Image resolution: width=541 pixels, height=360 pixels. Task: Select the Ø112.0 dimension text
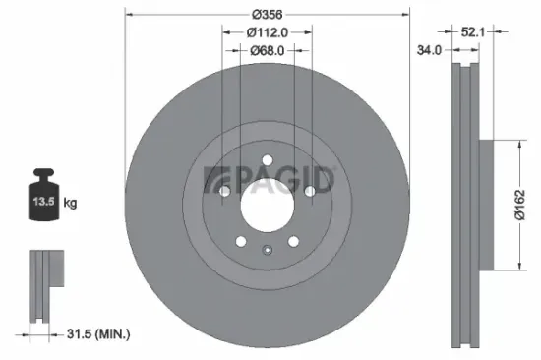point(267,31)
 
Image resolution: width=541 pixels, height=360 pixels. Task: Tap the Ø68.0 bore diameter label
point(267,50)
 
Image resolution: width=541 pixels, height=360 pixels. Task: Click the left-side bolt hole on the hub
point(224,192)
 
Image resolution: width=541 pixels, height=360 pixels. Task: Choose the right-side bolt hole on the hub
point(309,192)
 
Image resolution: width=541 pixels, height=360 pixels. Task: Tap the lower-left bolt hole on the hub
point(240,240)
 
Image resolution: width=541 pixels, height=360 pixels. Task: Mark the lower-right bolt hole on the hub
point(292,240)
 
